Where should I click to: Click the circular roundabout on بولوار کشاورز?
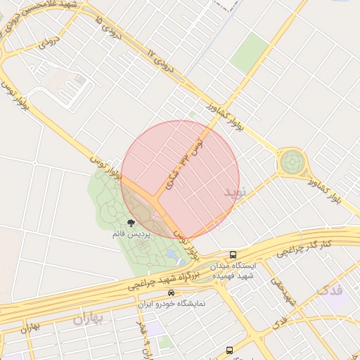pyautogui.click(x=291, y=163)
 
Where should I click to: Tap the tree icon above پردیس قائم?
pyautogui.click(x=131, y=223)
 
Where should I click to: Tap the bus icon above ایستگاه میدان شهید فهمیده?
pyautogui.click(x=233, y=255)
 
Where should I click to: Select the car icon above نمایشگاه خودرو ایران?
pyautogui.click(x=170, y=292)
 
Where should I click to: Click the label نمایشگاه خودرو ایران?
pyautogui.click(x=173, y=304)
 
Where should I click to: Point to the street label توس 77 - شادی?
pyautogui.click(x=184, y=165)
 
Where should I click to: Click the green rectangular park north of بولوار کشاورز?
pyautogui.click(x=249, y=52)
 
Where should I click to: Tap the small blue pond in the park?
pyautogui.click(x=172, y=252)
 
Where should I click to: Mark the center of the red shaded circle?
pyautogui.click(x=180, y=180)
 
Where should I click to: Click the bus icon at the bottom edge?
pyautogui.click(x=229, y=350)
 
